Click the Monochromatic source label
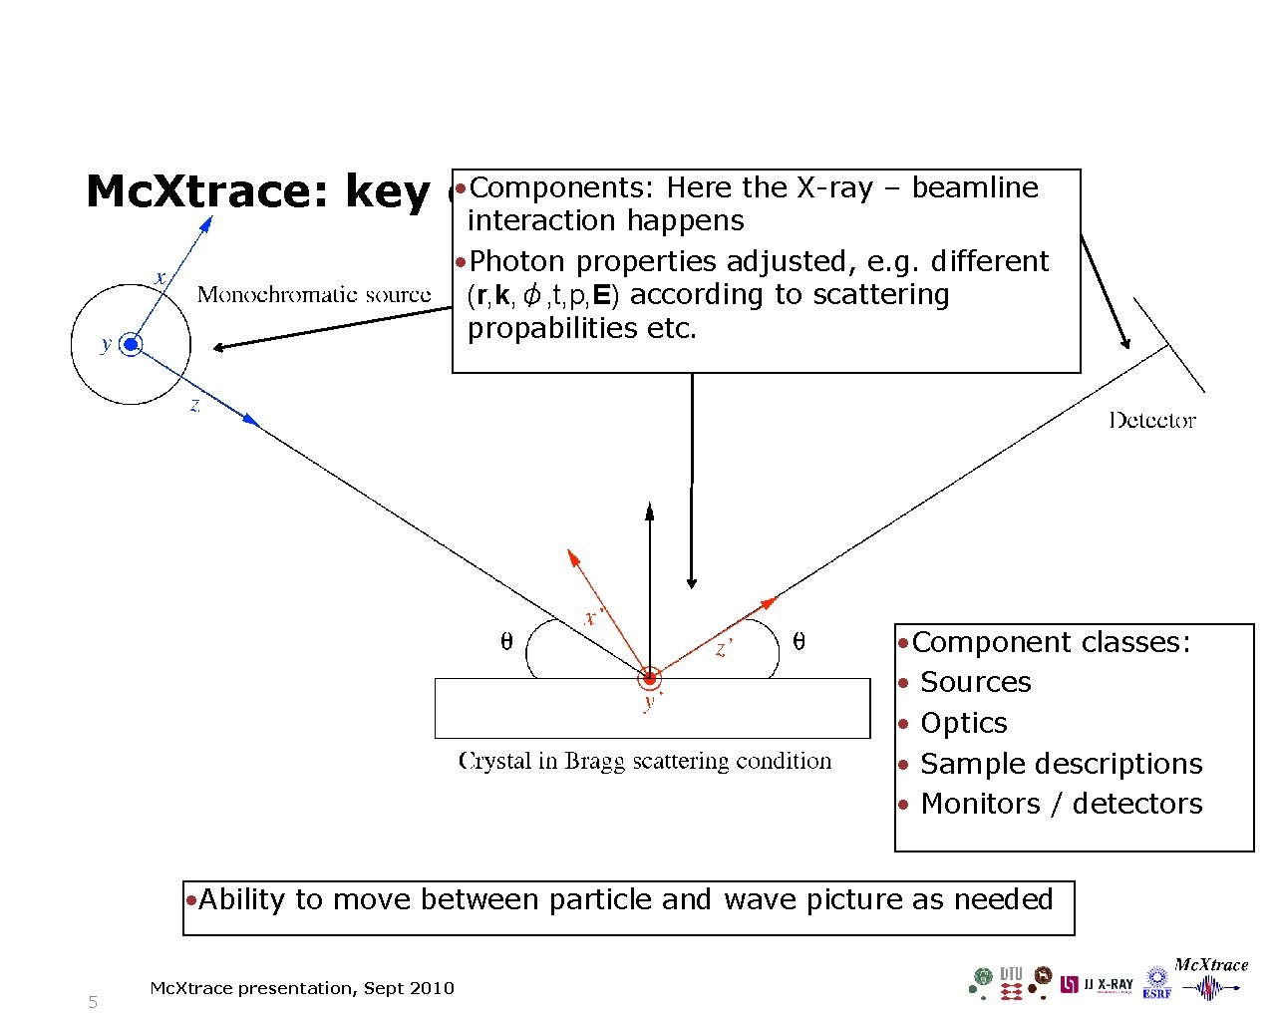314,294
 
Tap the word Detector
1151,420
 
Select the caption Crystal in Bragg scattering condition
645,761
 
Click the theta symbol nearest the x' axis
506,642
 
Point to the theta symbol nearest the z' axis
798,642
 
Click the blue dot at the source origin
131,345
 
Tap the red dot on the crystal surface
650,679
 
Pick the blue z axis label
195,406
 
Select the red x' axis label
592,618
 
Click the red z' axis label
725,649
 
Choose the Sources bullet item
975,682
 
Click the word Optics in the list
963,723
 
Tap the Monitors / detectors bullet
1061,804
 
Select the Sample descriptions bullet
1061,764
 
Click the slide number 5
93,1002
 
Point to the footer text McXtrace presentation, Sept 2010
301,988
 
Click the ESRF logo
1157,983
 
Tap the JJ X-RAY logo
1097,984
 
